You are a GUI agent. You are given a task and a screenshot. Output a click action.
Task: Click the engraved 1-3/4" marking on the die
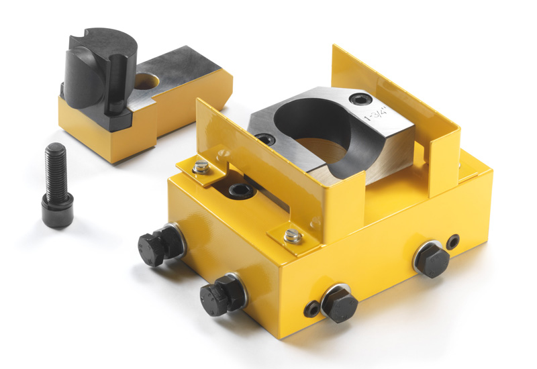[x=377, y=114]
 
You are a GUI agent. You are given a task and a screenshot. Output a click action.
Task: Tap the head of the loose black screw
[x=58, y=210]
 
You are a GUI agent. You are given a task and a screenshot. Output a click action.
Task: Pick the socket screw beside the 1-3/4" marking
[x=360, y=99]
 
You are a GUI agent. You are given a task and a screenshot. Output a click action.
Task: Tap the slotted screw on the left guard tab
[x=201, y=167]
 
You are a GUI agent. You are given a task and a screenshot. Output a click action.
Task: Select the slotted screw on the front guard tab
[x=293, y=236]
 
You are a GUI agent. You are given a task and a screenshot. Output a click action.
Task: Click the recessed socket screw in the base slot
[x=242, y=191]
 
